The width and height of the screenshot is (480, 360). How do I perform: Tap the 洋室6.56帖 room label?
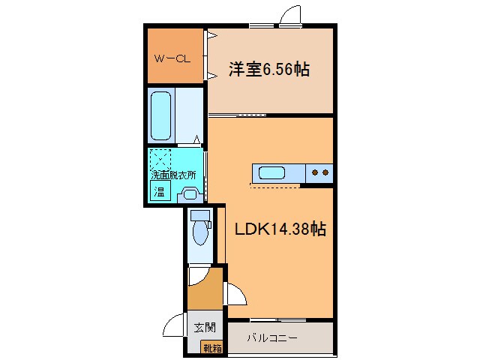268,70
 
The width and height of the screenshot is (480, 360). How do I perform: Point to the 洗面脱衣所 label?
173,175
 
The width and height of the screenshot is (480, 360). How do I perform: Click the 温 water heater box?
160,190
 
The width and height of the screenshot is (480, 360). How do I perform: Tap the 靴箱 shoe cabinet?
210,346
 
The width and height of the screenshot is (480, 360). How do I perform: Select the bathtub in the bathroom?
161,115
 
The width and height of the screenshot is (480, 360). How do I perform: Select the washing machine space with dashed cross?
161,159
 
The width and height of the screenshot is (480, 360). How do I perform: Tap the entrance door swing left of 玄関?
175,324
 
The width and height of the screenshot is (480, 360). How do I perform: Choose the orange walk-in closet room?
174,56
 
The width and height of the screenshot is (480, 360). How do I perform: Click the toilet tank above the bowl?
200,215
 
